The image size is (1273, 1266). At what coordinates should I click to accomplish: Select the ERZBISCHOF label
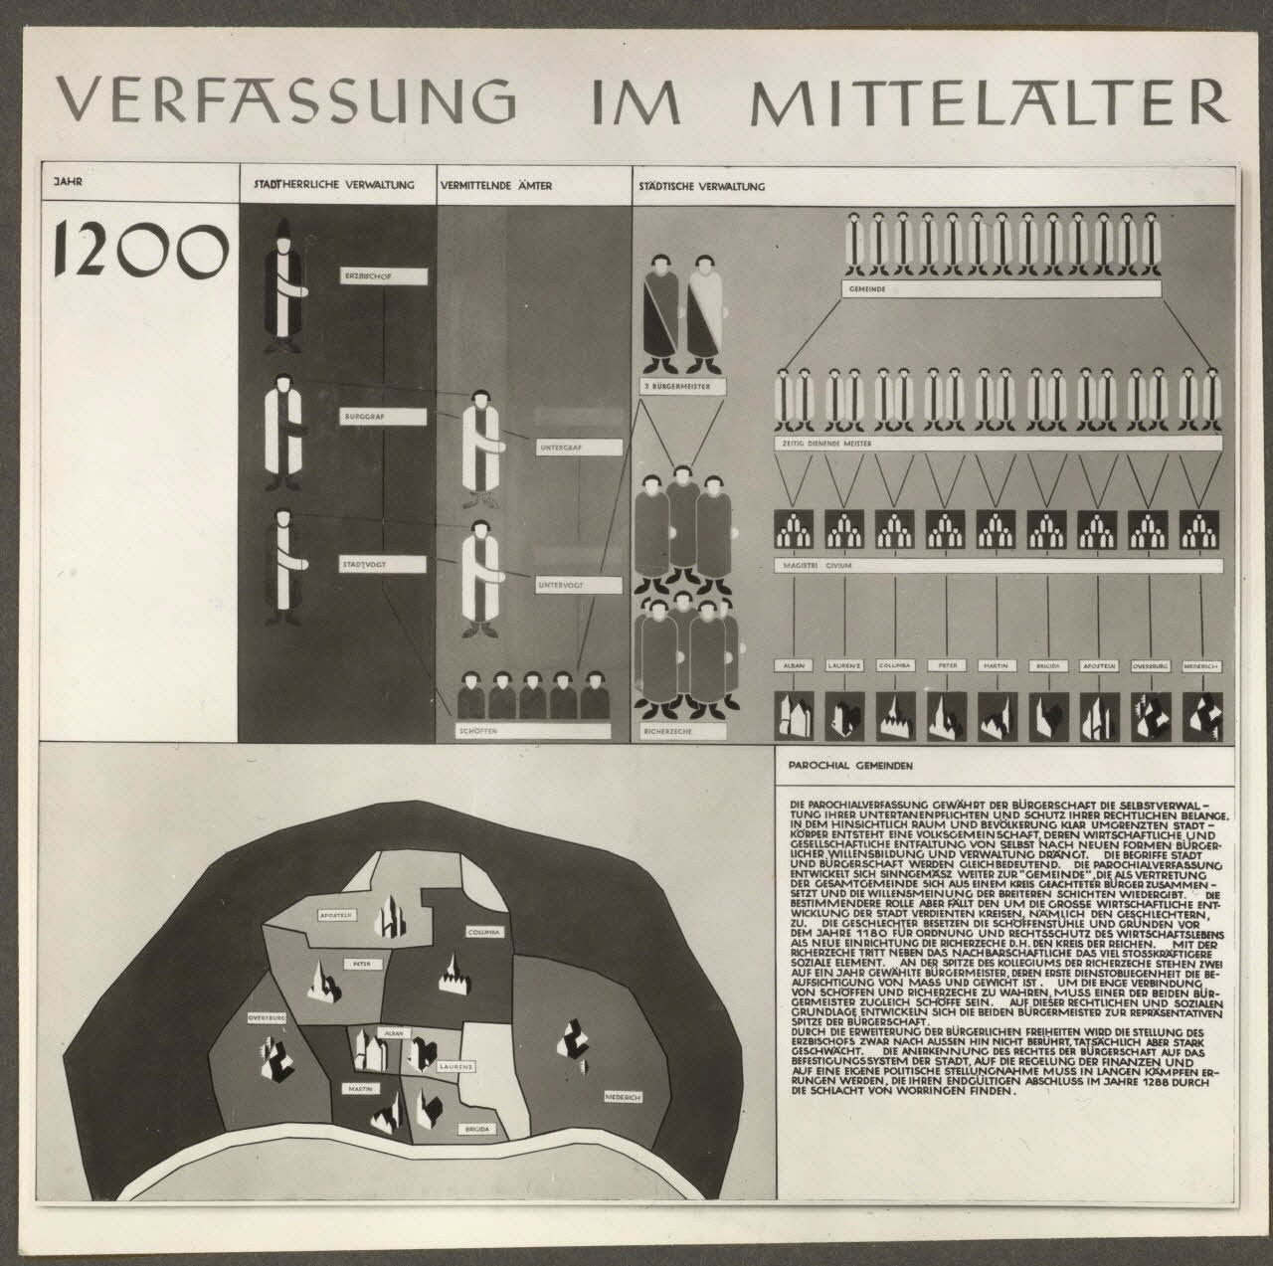click(x=383, y=276)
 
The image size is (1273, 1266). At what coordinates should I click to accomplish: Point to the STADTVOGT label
click(x=382, y=563)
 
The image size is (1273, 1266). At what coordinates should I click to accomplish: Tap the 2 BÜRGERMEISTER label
click(x=683, y=385)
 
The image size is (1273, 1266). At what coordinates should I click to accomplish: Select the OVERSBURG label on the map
click(x=268, y=1018)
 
